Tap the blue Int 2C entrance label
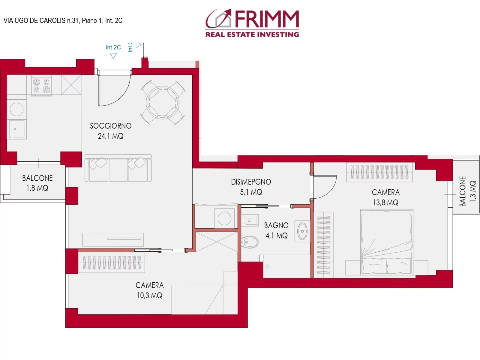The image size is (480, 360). pyautogui.click(x=113, y=47)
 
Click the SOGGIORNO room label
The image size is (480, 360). pyautogui.click(x=111, y=126)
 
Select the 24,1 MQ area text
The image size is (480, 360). pyautogui.click(x=111, y=136)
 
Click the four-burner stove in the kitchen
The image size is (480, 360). pyautogui.click(x=41, y=85)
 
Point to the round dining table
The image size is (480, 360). pyautogui.click(x=163, y=103)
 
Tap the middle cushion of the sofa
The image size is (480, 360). pyautogui.click(x=118, y=170)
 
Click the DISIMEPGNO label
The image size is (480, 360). pyautogui.click(x=251, y=182)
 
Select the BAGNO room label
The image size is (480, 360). pyautogui.click(x=276, y=225)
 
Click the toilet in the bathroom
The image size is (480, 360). pyautogui.click(x=250, y=242)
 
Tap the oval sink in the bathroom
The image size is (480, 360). pyautogui.click(x=302, y=231)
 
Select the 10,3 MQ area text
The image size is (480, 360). pyautogui.click(x=149, y=295)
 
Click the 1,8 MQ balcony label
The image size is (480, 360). pyautogui.click(x=37, y=188)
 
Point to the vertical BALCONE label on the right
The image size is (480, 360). pyautogui.click(x=463, y=191)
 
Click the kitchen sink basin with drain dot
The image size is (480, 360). pyautogui.click(x=16, y=129)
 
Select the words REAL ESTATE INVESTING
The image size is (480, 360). pyautogui.click(x=252, y=34)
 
